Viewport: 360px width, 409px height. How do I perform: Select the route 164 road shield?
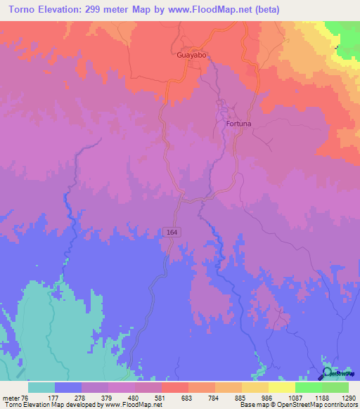pyautogui.click(x=173, y=232)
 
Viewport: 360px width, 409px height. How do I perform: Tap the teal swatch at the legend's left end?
pyautogui.click(x=41, y=387)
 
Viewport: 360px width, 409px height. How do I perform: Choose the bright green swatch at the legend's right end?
pyautogui.click(x=335, y=387)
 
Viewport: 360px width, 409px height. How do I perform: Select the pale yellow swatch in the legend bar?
pyautogui.click(x=282, y=387)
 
